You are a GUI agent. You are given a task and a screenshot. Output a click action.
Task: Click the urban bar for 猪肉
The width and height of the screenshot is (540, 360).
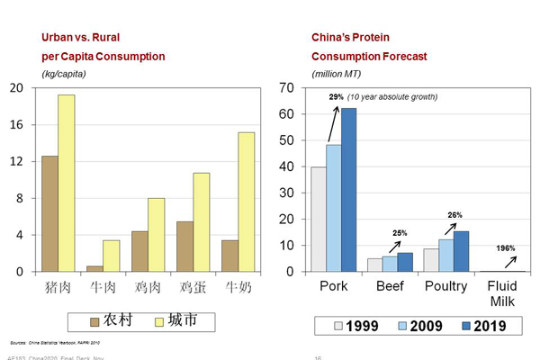(x=67, y=183)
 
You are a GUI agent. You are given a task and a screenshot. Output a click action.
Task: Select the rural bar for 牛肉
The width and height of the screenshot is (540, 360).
(x=94, y=267)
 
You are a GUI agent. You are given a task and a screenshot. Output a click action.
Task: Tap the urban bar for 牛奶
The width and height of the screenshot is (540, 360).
(x=247, y=202)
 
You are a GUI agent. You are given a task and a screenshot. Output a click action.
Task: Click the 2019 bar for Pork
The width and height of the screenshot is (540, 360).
(x=349, y=190)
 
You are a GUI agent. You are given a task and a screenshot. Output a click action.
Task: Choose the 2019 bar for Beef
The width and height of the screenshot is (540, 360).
(x=405, y=262)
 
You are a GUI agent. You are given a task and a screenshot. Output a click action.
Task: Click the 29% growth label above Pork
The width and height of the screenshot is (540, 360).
(x=336, y=97)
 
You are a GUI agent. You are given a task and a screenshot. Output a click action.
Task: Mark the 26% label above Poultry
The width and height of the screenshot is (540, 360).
(x=455, y=215)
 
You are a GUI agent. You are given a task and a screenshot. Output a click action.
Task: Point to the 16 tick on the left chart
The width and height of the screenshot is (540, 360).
(x=17, y=124)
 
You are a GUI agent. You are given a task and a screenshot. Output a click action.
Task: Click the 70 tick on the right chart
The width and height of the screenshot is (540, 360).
(x=288, y=87)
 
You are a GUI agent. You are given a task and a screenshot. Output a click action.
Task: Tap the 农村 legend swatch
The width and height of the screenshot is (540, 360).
(x=95, y=320)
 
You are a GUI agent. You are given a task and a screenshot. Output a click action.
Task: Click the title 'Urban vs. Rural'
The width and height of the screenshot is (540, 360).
(x=81, y=38)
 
